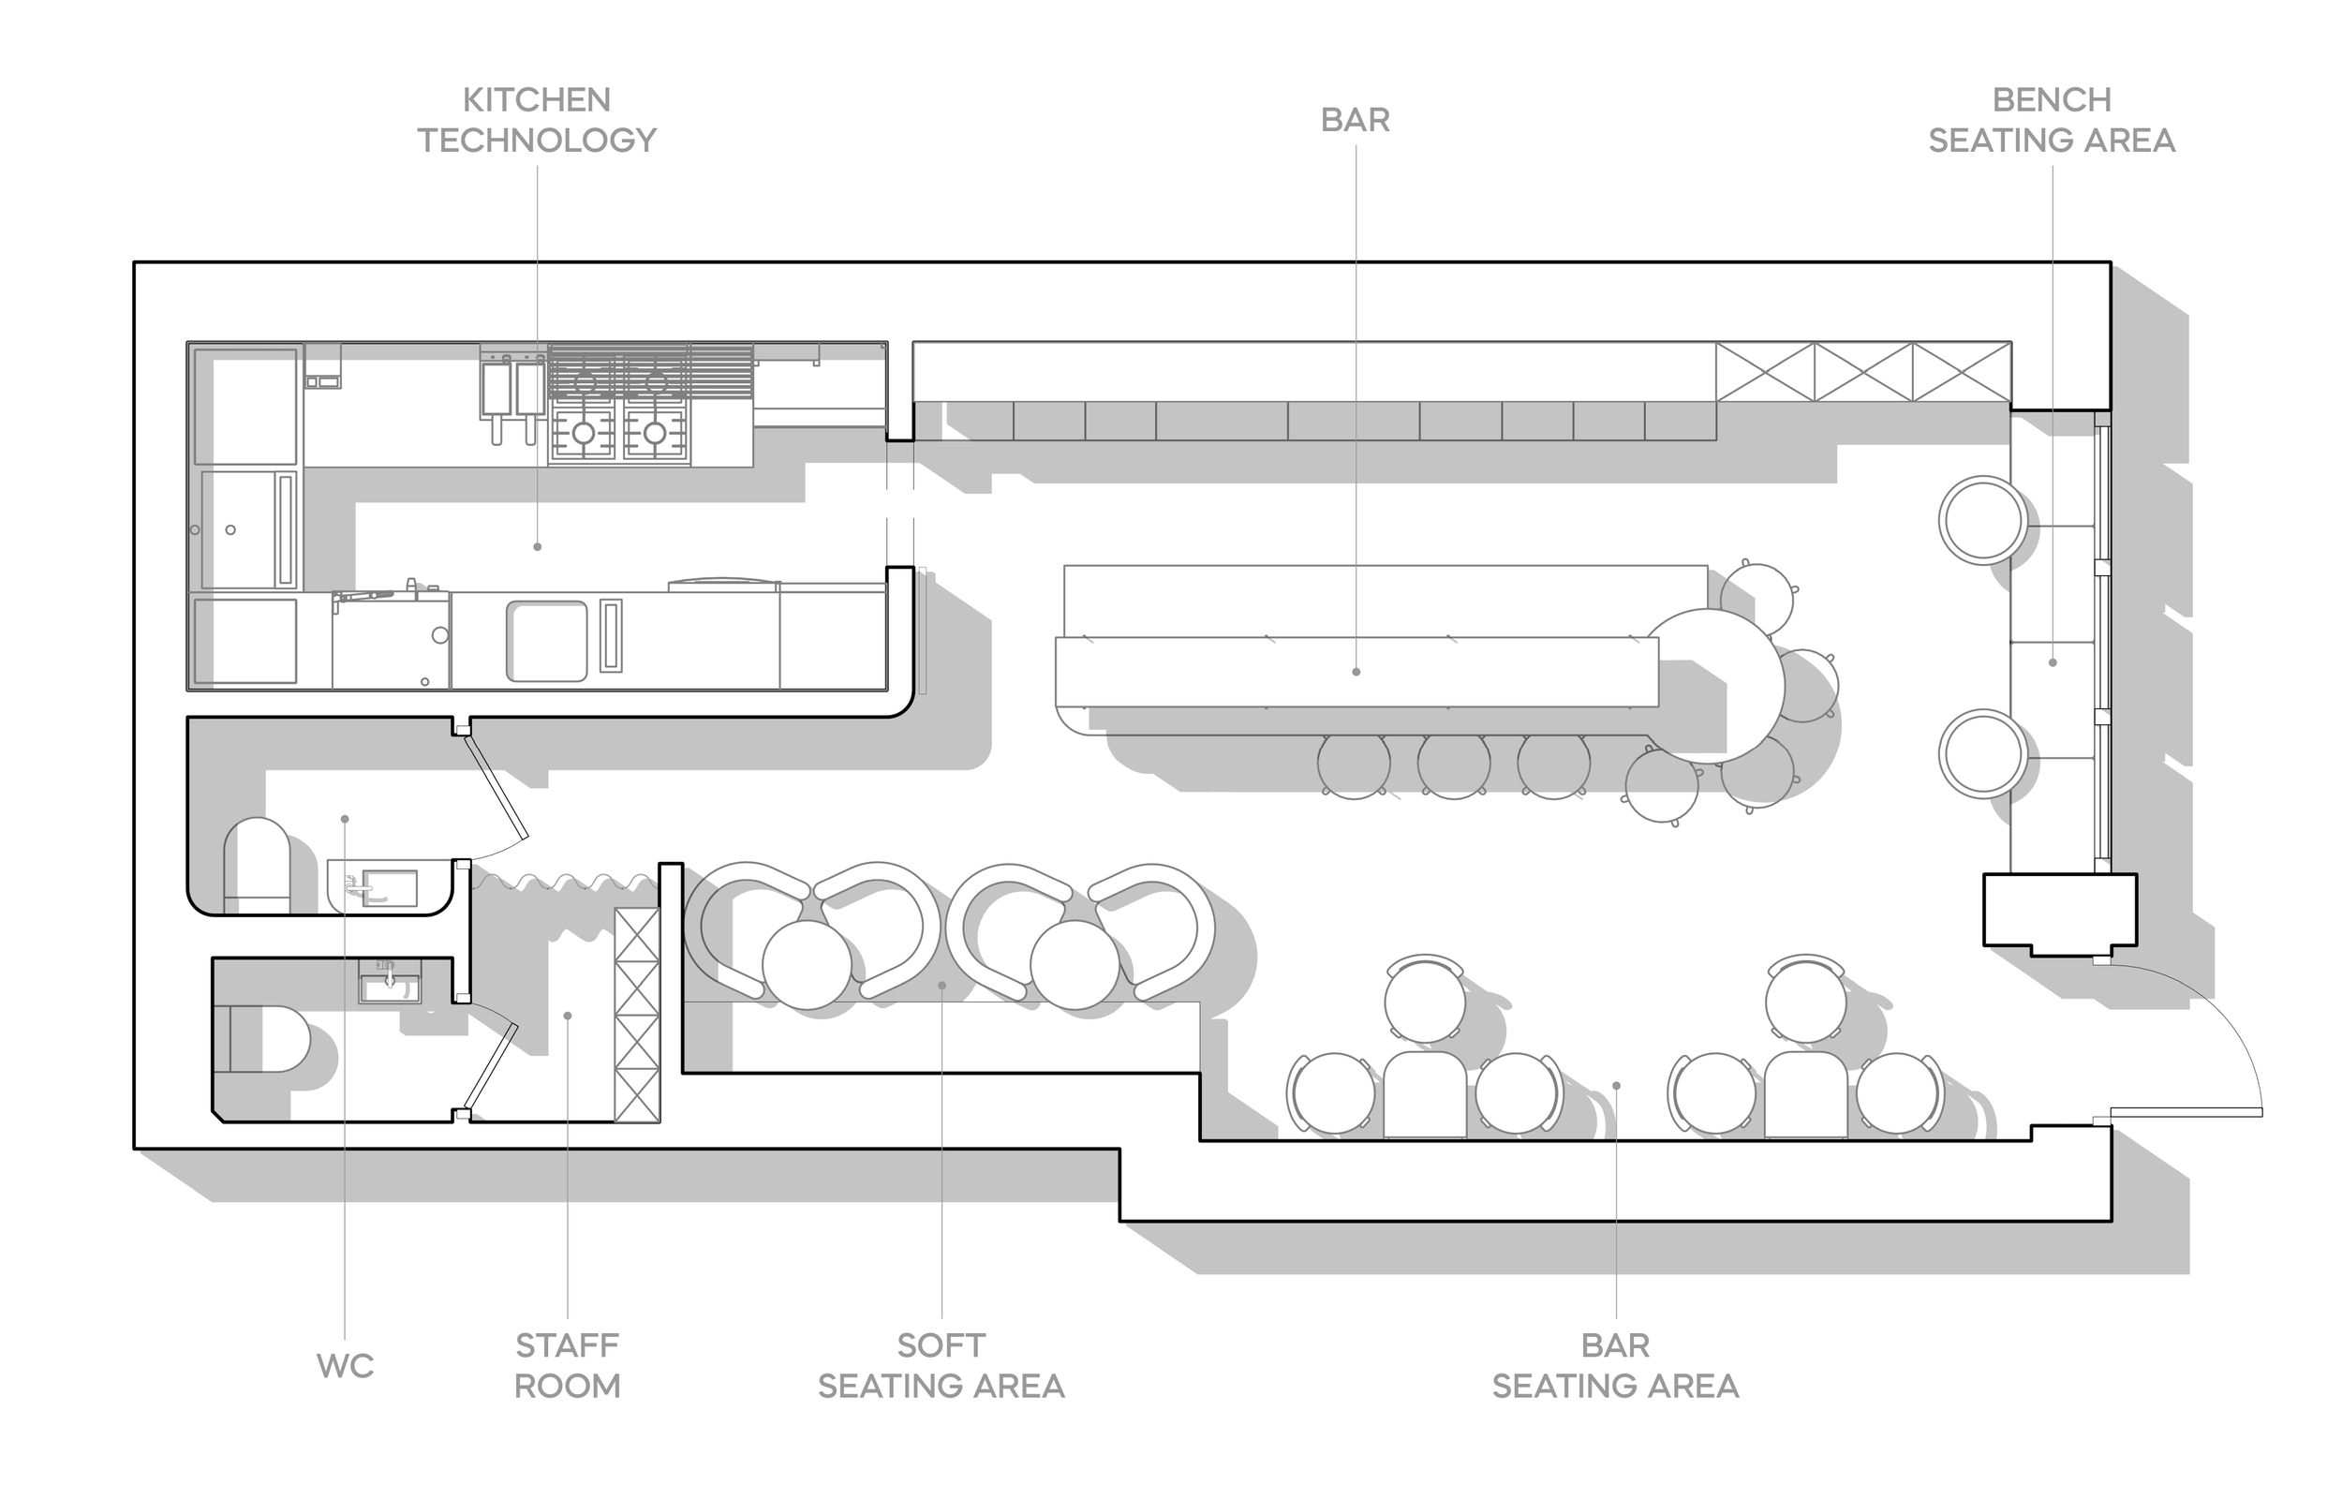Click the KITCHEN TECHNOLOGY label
tap(537, 120)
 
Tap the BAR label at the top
tap(1355, 120)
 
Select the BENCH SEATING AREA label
tap(2052, 120)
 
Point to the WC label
tap(345, 1365)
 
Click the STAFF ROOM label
tap(567, 1365)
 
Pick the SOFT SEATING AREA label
tap(941, 1365)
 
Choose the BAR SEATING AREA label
tap(1615, 1365)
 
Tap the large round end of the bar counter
tap(1713, 685)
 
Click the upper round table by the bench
tap(1982, 520)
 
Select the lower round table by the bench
tap(1982, 753)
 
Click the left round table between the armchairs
tap(808, 965)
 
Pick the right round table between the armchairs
tap(1075, 965)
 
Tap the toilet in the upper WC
tap(257, 866)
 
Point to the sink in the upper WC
tap(389, 888)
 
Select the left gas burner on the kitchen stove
tap(584, 433)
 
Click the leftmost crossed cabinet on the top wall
tap(1764, 372)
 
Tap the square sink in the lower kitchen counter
tap(546, 641)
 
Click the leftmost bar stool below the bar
tap(1353, 764)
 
